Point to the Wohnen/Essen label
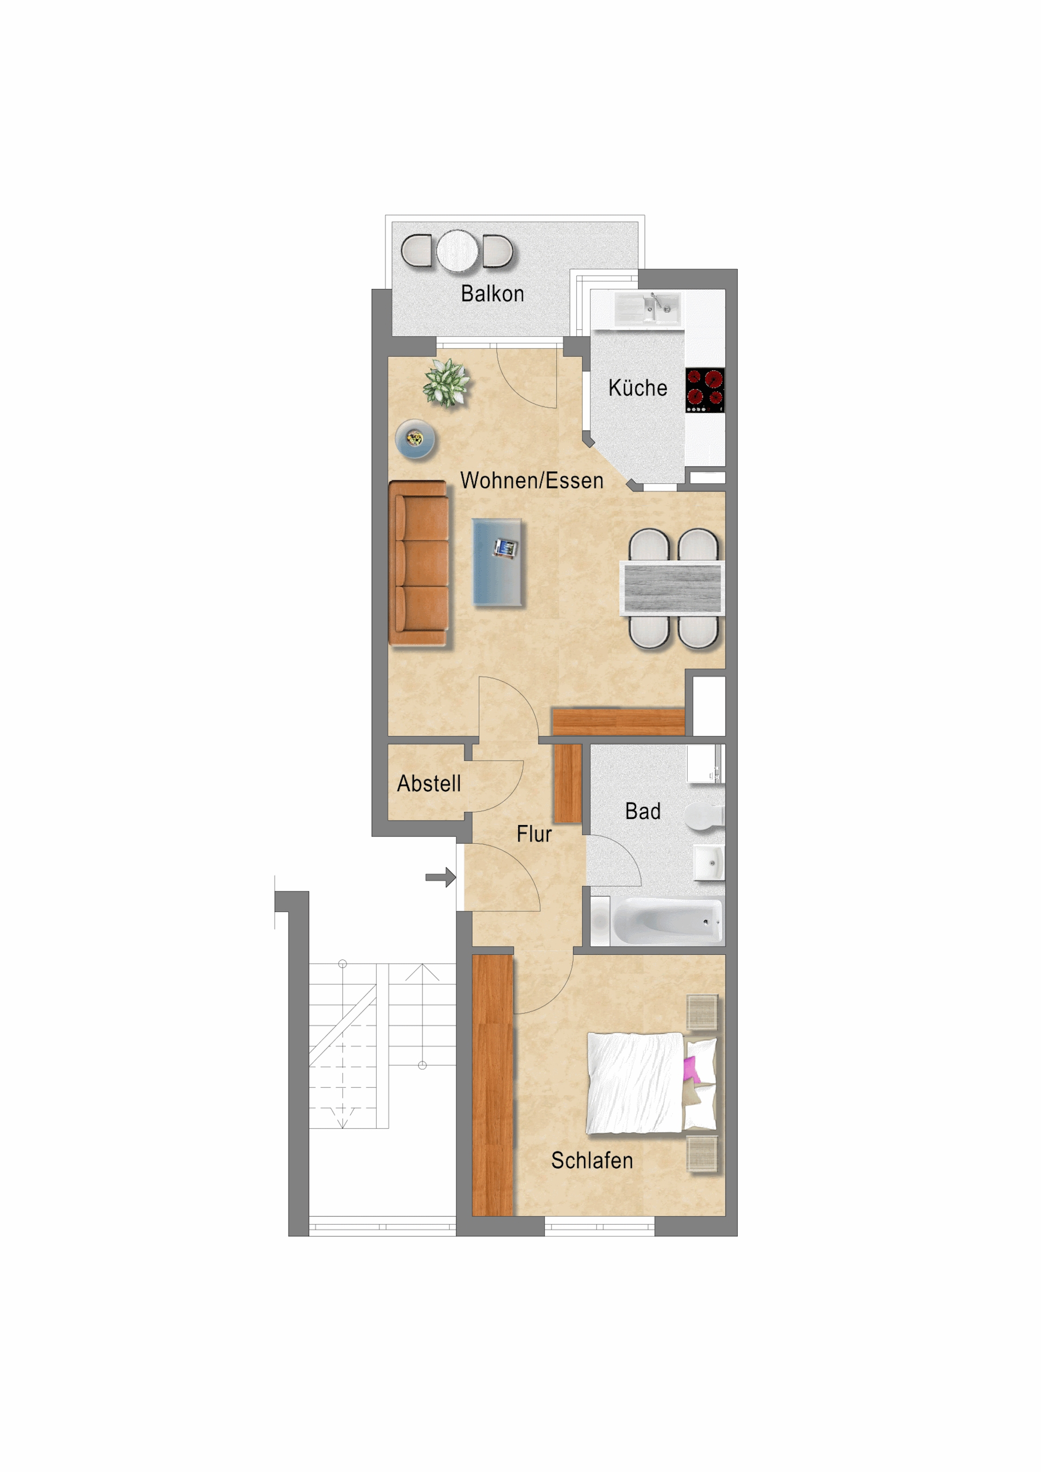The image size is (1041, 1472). (532, 481)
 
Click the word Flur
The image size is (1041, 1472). (534, 834)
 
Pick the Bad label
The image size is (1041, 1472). (643, 811)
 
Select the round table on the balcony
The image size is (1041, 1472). (457, 251)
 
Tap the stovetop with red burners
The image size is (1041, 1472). (705, 390)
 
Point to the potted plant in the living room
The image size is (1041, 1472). (446, 383)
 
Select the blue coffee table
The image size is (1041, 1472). (497, 562)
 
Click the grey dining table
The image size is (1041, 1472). (671, 588)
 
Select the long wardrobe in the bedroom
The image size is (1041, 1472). (493, 1085)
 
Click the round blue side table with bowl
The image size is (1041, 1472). (415, 439)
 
